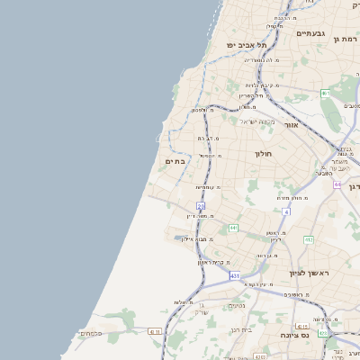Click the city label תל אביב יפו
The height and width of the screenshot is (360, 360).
pyautogui.click(x=247, y=45)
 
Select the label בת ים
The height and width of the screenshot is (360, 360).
pyautogui.click(x=175, y=161)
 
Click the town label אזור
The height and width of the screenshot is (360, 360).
pyautogui.click(x=291, y=125)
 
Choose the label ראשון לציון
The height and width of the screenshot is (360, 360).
pyautogui.click(x=310, y=273)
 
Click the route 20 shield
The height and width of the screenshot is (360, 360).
pyautogui.click(x=201, y=206)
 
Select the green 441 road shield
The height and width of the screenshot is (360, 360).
pyautogui.click(x=233, y=229)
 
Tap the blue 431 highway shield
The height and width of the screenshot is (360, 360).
pyautogui.click(x=234, y=276)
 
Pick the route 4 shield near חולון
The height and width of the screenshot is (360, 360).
pyautogui.click(x=286, y=211)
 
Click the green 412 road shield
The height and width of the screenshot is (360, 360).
pyautogui.click(x=309, y=239)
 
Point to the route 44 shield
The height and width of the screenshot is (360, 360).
pyautogui.click(x=337, y=184)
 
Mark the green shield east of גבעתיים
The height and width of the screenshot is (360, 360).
pyautogui.click(x=325, y=94)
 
